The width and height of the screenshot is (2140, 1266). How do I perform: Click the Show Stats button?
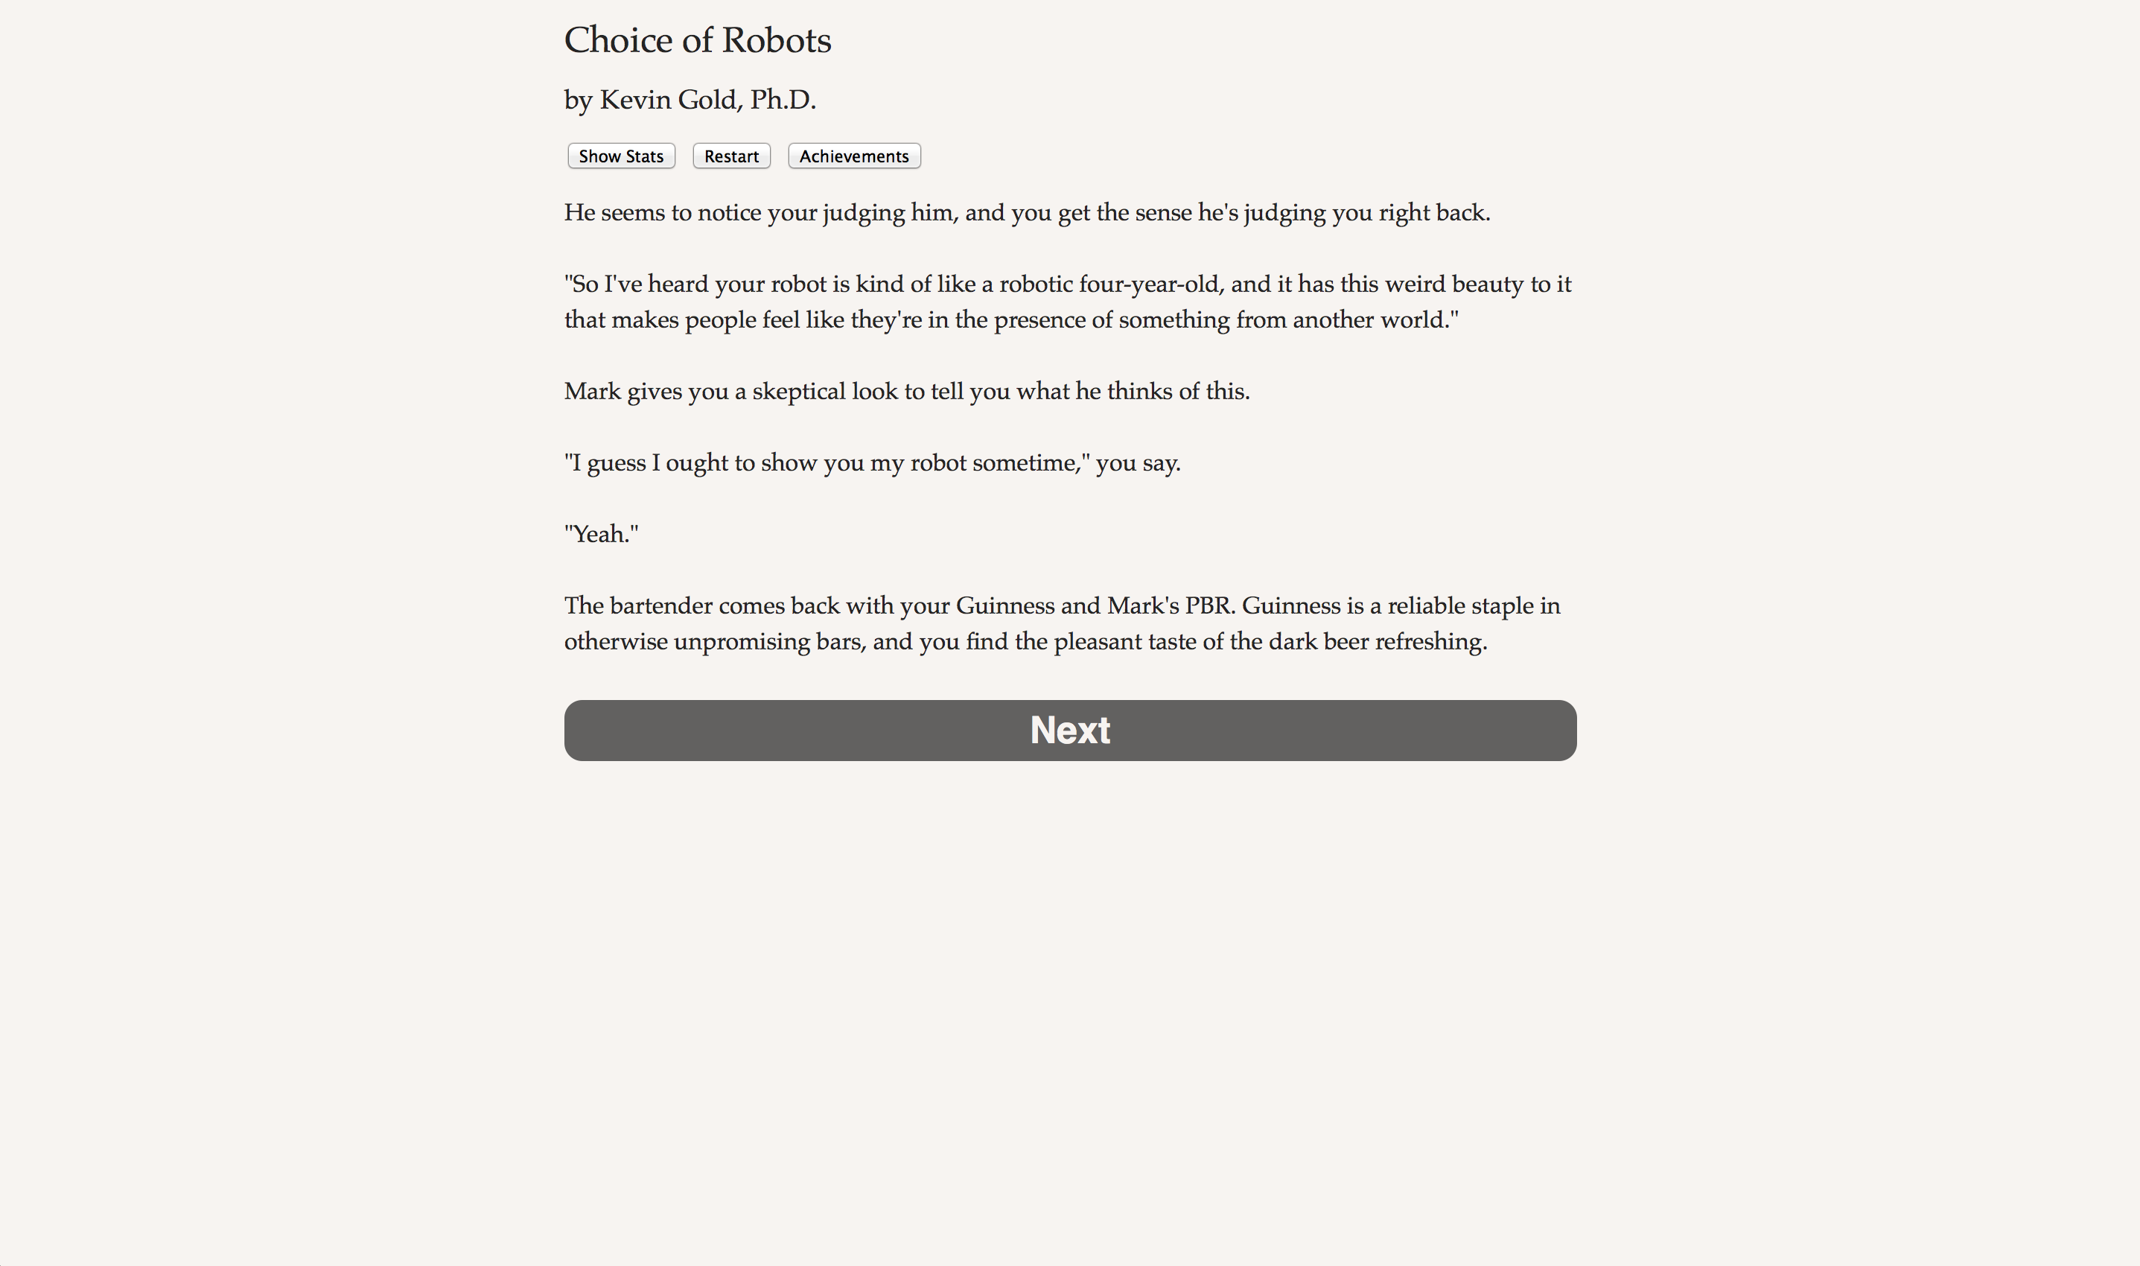tap(621, 156)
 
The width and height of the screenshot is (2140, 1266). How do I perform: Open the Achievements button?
tap(854, 156)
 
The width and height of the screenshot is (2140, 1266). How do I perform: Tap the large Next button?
tap(1069, 731)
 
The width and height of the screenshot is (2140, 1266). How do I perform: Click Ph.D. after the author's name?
tap(782, 100)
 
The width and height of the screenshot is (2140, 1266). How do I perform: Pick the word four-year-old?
tap(1149, 284)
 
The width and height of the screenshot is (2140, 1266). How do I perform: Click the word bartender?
tap(661, 605)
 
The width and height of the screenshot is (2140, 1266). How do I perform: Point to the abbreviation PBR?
tap(1208, 605)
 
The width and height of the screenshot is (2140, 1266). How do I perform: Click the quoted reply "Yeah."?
tap(602, 534)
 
